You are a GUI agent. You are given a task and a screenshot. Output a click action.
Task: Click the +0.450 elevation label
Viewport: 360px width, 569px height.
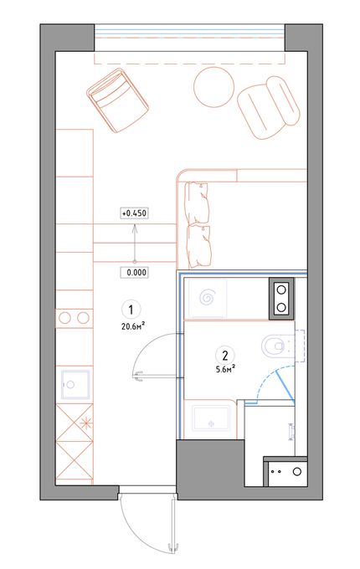tap(134, 213)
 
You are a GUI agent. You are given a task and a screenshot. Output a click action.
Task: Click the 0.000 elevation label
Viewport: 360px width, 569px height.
tap(134, 272)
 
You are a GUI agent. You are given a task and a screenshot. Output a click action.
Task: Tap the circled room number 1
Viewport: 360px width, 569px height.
tap(131, 310)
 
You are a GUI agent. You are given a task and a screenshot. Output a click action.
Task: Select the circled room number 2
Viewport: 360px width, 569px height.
tap(225, 355)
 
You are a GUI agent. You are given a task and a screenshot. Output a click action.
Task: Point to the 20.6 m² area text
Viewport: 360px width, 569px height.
tap(131, 326)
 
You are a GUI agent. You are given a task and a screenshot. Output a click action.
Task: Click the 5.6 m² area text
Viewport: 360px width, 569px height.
tap(225, 369)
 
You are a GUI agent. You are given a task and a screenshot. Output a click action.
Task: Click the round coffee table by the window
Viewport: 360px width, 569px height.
tap(213, 87)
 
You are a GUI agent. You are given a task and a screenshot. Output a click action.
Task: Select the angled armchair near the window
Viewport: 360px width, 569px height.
tap(117, 100)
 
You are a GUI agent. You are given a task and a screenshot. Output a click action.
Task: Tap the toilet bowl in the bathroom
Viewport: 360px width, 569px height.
tap(274, 346)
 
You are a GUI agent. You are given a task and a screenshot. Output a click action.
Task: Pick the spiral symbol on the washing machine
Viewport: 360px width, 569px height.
tap(208, 298)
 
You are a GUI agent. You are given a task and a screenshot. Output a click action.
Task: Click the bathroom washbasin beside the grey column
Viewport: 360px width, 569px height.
tap(212, 418)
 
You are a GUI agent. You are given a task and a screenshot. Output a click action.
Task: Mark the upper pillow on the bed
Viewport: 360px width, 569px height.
tap(198, 203)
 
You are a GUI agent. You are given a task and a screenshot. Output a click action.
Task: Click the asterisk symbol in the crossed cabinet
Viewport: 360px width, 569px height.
tap(86, 423)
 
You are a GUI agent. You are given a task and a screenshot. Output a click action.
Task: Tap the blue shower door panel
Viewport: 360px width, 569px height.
tap(285, 387)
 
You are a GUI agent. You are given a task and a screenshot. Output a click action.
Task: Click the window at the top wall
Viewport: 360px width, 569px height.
tap(189, 37)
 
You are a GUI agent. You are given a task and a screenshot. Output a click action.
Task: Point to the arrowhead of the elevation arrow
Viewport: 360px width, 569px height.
tap(135, 227)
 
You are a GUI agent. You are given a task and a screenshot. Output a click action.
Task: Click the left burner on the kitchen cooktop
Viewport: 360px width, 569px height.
tap(64, 318)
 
